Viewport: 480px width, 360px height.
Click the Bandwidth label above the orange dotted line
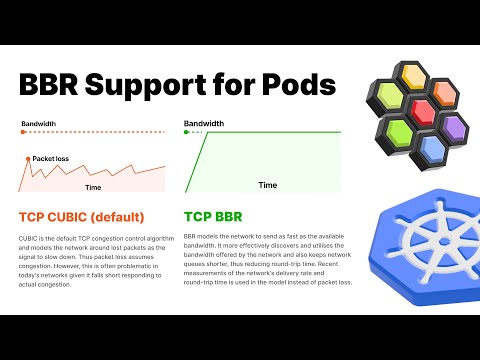click(x=38, y=124)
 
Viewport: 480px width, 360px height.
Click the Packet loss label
click(x=51, y=158)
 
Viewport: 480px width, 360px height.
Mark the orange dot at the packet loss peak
click(x=27, y=158)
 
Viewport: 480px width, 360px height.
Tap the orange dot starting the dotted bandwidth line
click(x=21, y=132)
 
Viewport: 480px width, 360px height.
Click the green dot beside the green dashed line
click(x=187, y=132)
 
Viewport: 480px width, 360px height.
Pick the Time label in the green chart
click(x=267, y=185)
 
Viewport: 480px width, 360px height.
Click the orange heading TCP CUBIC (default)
click(x=81, y=216)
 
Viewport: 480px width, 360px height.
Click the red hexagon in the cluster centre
click(x=421, y=109)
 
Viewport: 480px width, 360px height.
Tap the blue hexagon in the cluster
click(x=431, y=148)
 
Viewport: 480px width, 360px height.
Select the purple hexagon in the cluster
click(x=452, y=127)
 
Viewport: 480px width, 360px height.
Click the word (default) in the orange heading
click(x=117, y=216)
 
